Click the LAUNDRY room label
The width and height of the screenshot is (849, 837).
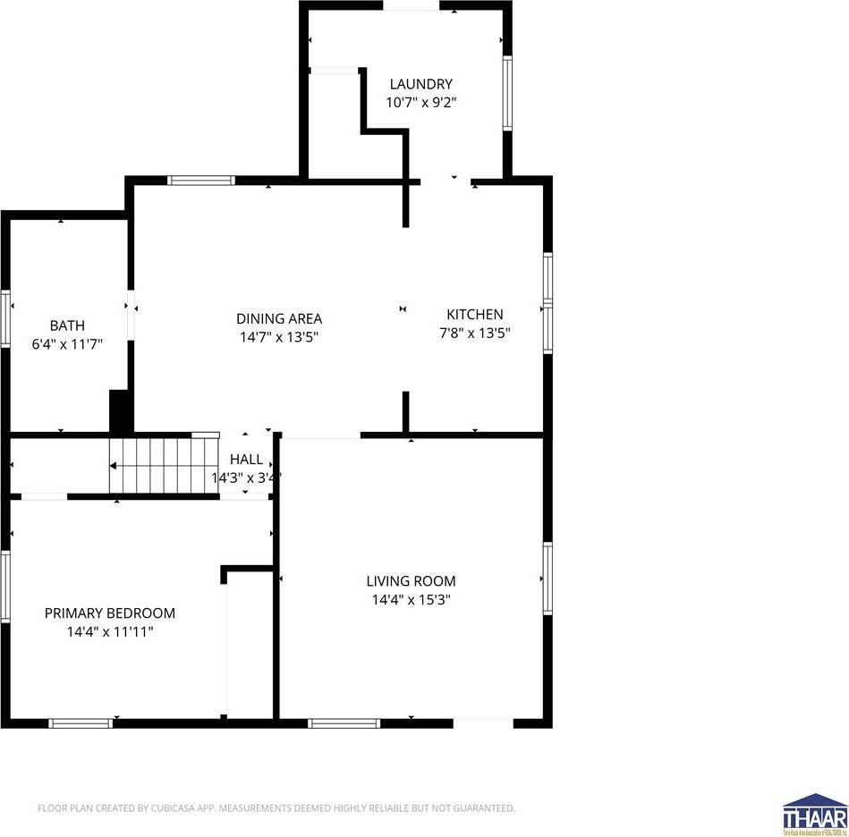click(420, 84)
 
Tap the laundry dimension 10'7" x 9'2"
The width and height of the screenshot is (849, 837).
click(420, 102)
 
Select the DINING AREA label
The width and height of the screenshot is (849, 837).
click(279, 318)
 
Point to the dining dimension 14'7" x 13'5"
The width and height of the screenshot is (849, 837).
click(279, 337)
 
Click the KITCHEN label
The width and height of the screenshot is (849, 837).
click(475, 314)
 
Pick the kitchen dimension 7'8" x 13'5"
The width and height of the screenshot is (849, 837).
click(475, 333)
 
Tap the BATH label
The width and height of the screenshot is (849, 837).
click(67, 325)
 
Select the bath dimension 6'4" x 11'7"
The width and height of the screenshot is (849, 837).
click(67, 343)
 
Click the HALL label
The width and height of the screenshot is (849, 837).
click(246, 460)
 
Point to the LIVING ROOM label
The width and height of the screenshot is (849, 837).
click(411, 580)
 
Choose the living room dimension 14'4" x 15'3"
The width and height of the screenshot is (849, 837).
click(411, 600)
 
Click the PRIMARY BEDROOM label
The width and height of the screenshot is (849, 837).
click(110, 613)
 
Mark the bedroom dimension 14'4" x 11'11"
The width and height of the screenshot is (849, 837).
click(110, 631)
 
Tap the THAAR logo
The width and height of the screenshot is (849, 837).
click(814, 814)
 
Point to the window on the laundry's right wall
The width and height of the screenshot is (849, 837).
click(506, 94)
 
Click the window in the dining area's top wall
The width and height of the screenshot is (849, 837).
click(201, 180)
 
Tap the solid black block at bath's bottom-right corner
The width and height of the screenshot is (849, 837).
click(120, 411)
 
